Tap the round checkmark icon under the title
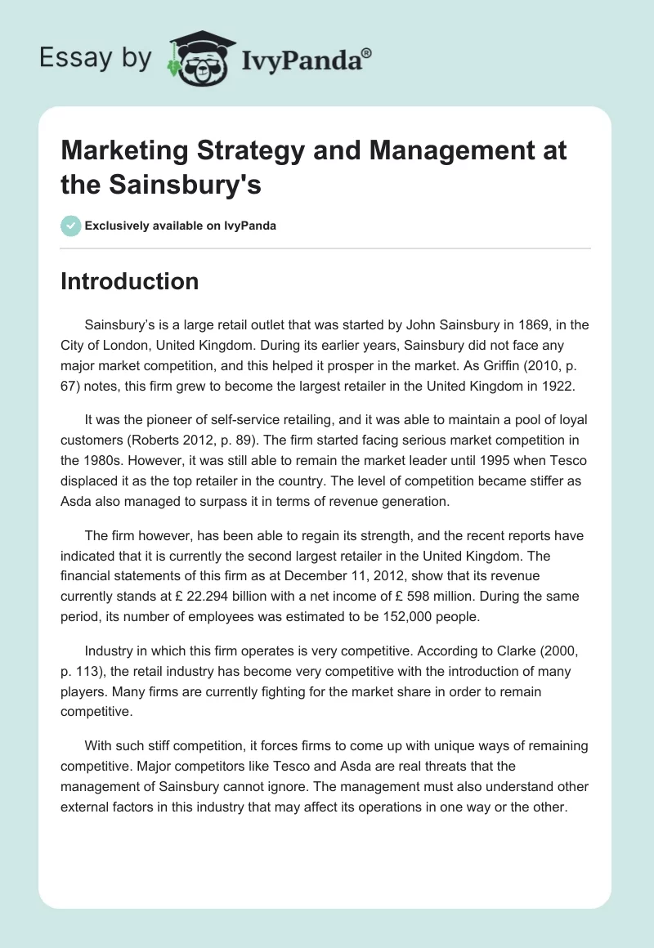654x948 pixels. pos(71,226)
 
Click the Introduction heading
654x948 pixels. pos(129,281)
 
